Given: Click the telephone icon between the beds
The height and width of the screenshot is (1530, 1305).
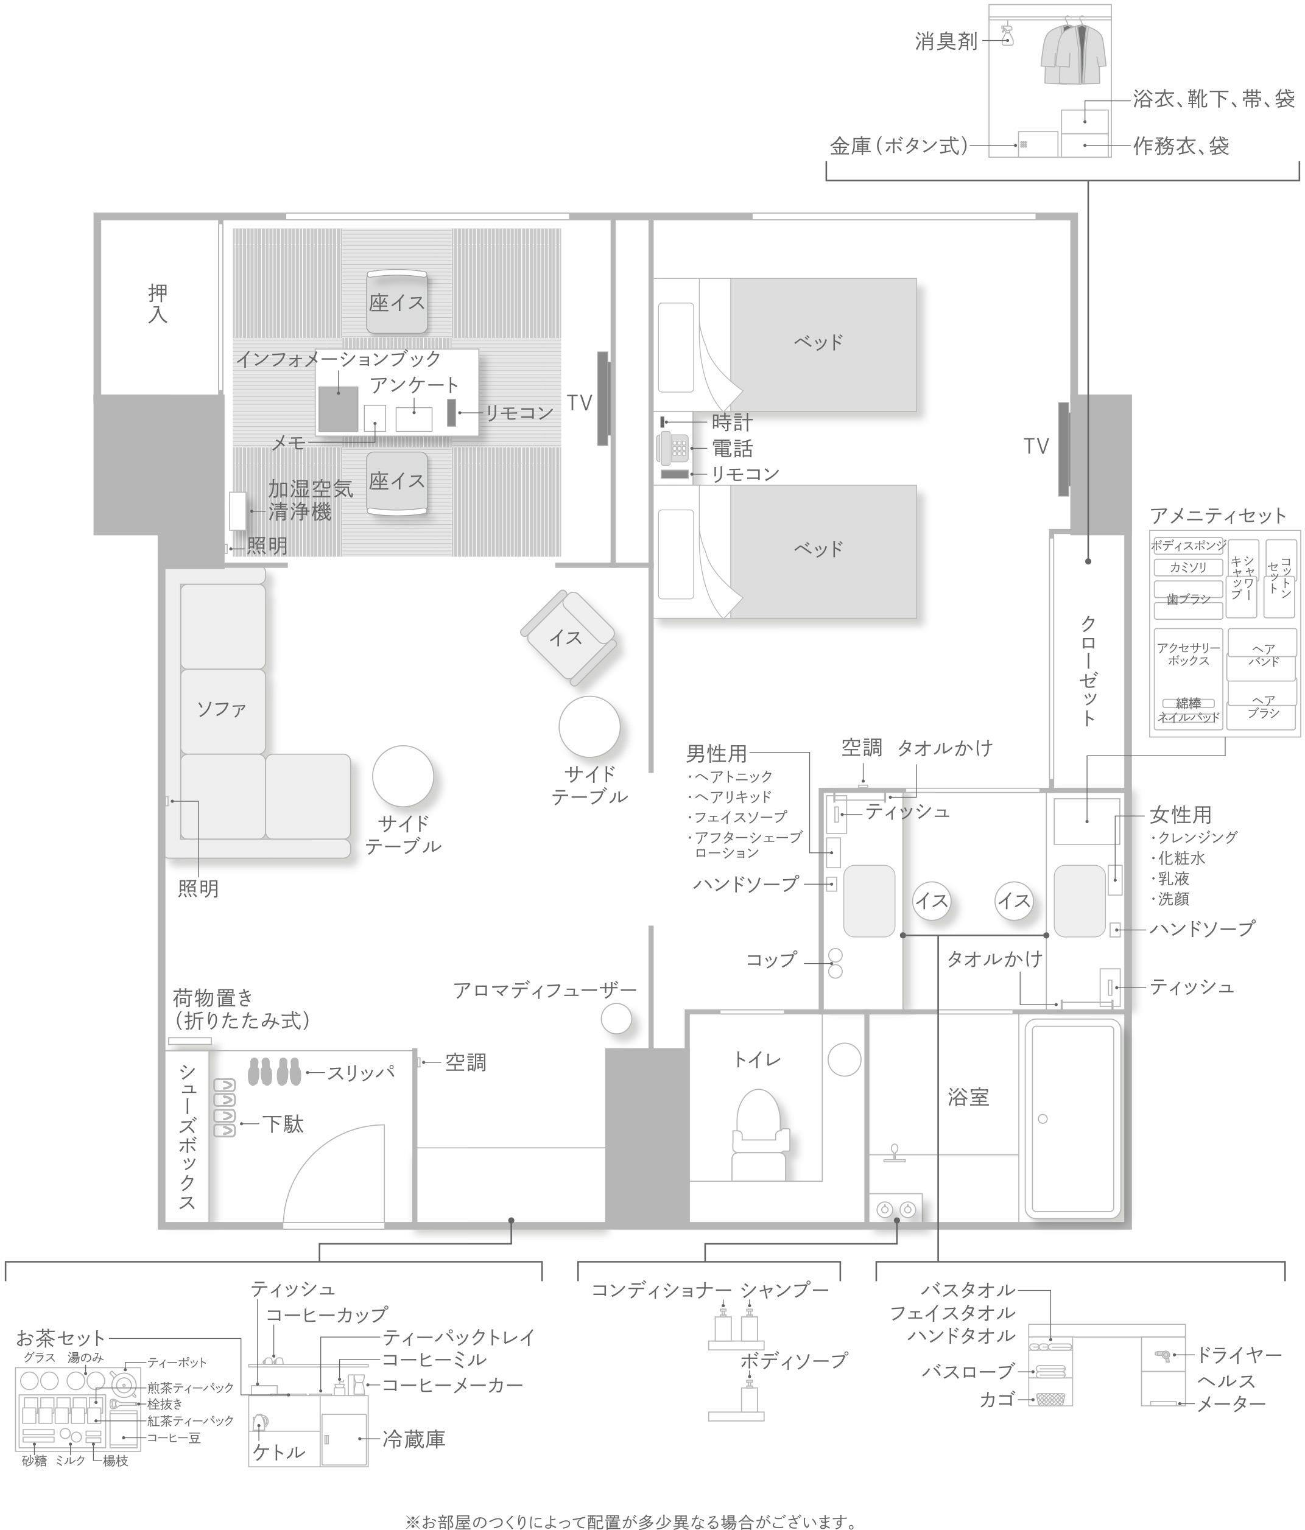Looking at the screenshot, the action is [671, 447].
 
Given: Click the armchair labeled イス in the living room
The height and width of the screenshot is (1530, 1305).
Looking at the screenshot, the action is [567, 636].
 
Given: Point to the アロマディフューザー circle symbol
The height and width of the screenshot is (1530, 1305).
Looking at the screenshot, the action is [616, 1019].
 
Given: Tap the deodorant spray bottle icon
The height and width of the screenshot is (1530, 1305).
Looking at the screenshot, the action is [1006, 35].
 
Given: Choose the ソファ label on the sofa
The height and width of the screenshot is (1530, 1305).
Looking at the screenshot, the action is [221, 709].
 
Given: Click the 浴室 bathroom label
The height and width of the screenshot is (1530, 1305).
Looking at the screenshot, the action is [968, 1097].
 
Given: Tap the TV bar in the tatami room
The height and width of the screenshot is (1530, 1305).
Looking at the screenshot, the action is [603, 398].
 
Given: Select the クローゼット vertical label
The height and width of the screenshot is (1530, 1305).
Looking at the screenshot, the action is [1088, 670].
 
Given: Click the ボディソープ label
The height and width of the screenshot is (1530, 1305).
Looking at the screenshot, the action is [794, 1360].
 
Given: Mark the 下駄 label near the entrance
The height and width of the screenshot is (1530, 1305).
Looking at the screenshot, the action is [283, 1125].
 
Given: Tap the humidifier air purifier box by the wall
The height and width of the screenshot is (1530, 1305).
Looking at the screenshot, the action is [238, 511].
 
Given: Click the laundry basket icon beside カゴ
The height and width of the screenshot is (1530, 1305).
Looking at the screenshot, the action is [1050, 1398].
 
